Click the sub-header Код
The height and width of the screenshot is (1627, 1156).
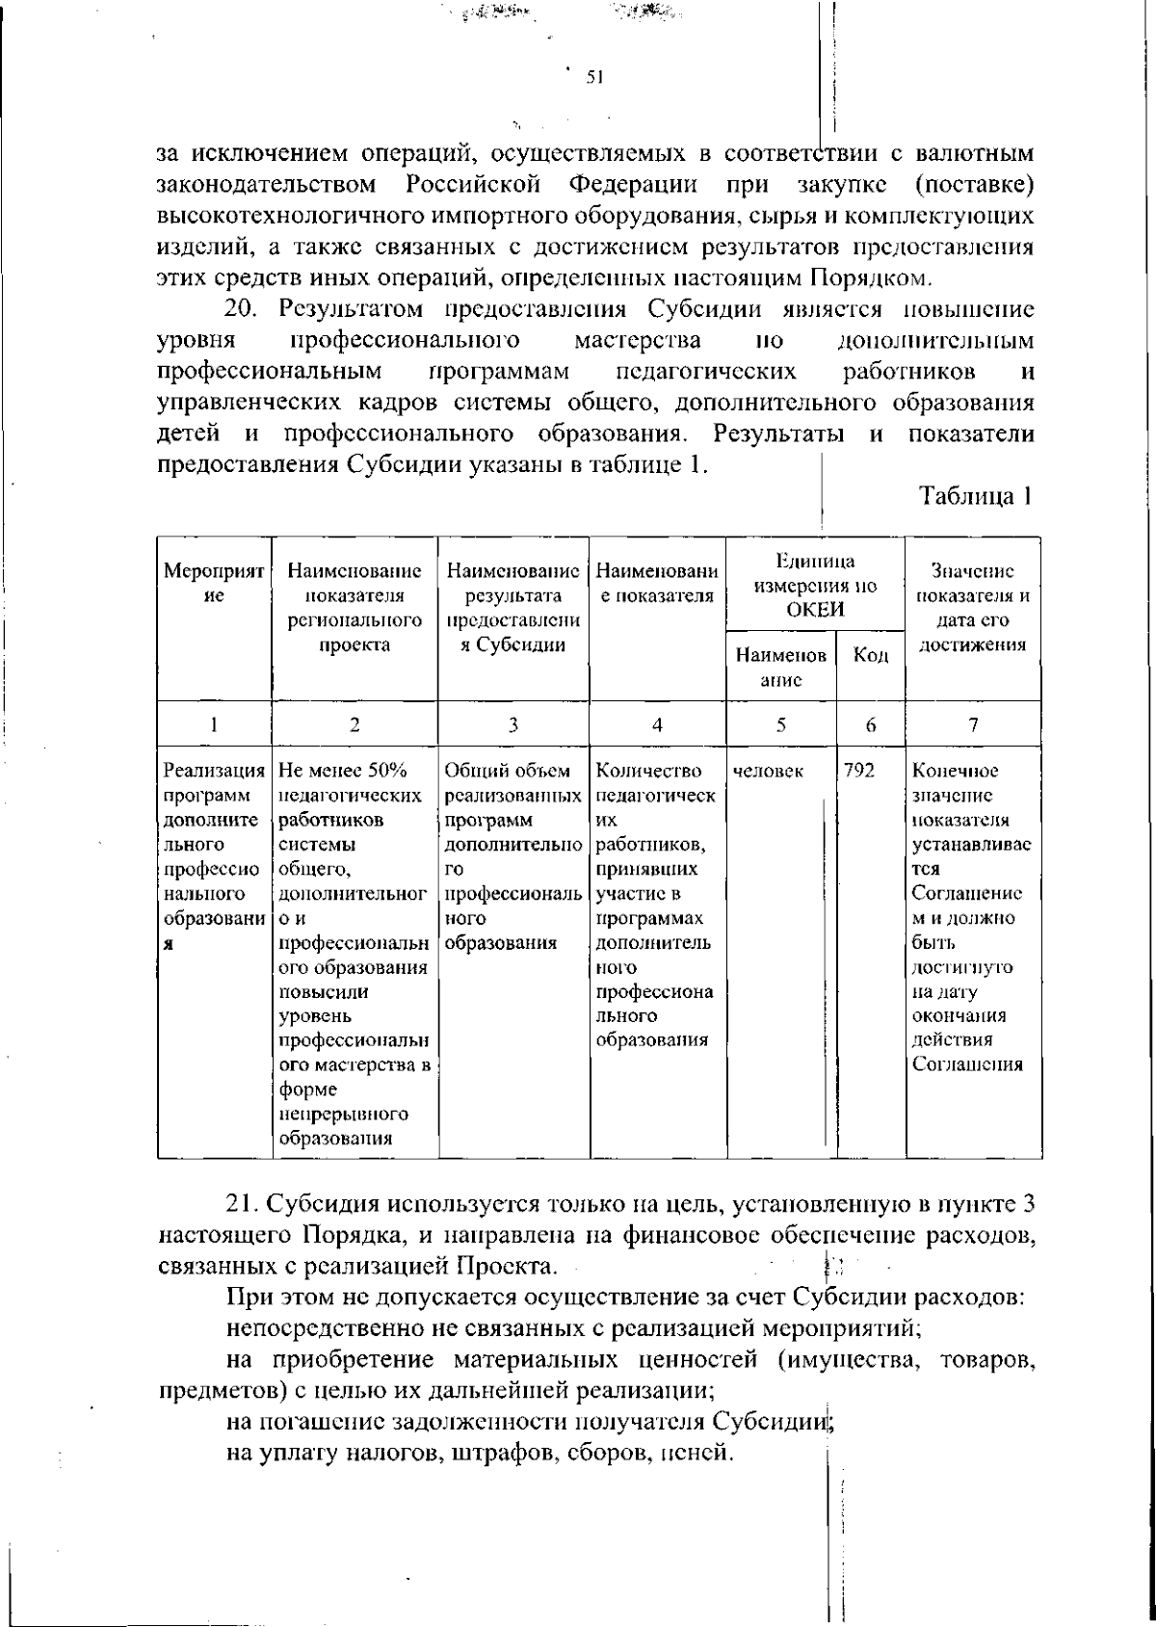(x=870, y=656)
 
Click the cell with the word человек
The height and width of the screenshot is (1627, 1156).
(x=768, y=772)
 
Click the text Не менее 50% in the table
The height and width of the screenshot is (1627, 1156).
(x=344, y=772)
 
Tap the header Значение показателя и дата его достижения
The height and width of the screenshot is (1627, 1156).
(x=973, y=608)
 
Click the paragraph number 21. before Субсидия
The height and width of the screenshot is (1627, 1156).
(x=244, y=1204)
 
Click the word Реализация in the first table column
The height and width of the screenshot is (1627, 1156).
(x=214, y=772)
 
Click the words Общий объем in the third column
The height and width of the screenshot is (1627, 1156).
(x=508, y=772)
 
